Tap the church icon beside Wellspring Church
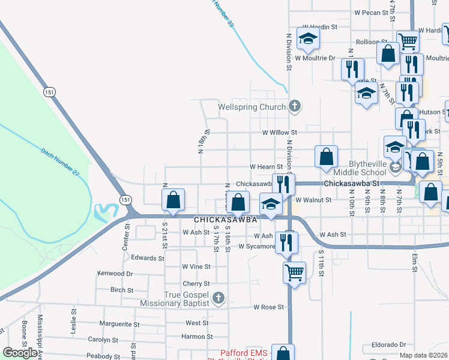coord(294,107)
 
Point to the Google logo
coord(20,352)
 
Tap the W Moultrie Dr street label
coord(315,58)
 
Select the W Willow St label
coord(279,132)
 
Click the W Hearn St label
coord(266,166)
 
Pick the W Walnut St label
coord(313,199)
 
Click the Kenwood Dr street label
coord(115,273)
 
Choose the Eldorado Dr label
coord(389,345)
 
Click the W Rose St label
coord(268,307)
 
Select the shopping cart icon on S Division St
coord(294,272)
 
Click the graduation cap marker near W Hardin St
coord(308,39)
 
